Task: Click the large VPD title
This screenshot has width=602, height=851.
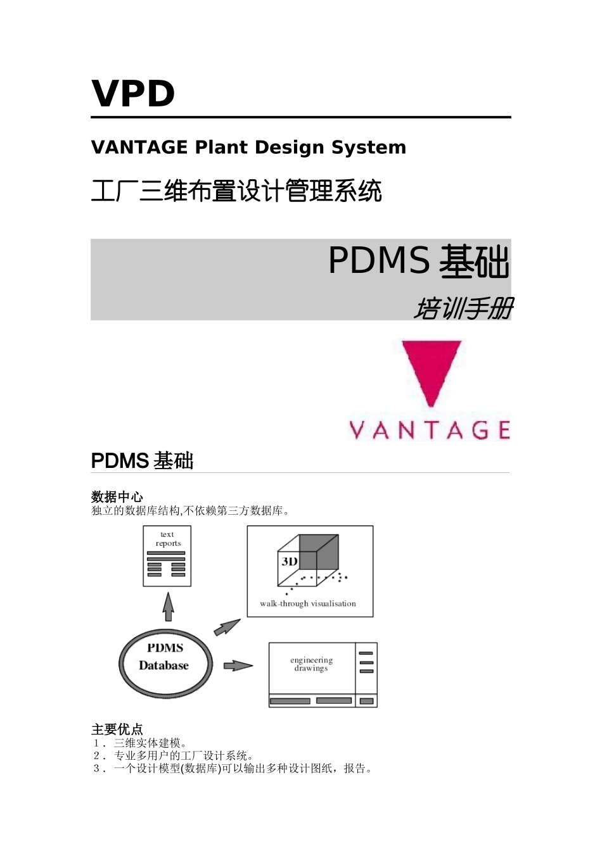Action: tap(133, 94)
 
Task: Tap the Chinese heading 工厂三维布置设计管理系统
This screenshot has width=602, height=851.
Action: tap(236, 191)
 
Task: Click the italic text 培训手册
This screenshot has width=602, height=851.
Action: tap(463, 309)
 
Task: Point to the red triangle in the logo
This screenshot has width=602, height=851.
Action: tap(431, 368)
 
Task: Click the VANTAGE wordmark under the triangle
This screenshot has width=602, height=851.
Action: tap(430, 431)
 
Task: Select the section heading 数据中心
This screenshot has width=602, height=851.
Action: tap(117, 497)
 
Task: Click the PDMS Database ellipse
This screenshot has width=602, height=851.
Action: tap(165, 663)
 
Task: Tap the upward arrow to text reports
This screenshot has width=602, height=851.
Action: tap(168, 607)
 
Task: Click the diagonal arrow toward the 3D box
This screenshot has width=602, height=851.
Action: tap(227, 627)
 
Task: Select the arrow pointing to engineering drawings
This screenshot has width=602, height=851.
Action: tap(238, 665)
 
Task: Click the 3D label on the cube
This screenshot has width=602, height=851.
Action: tap(290, 562)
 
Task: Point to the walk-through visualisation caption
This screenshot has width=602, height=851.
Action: tap(308, 603)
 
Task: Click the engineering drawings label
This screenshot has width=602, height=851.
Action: tap(311, 664)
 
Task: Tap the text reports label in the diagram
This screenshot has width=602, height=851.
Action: tap(168, 539)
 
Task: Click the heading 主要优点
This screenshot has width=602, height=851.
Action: tap(117, 729)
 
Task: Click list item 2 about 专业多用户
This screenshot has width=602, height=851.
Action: tap(183, 756)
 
